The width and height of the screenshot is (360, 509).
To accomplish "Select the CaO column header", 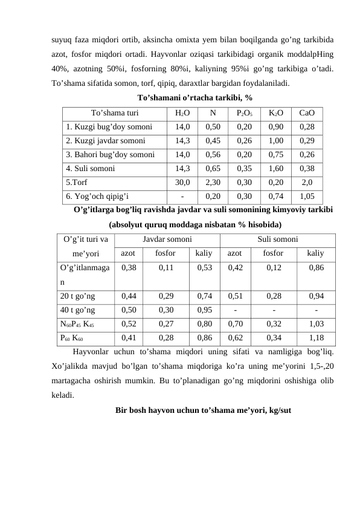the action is click(x=307, y=112).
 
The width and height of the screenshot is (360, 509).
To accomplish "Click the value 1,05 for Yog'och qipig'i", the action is click(x=307, y=196).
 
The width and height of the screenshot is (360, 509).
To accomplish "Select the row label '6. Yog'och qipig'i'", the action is click(x=97, y=196).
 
